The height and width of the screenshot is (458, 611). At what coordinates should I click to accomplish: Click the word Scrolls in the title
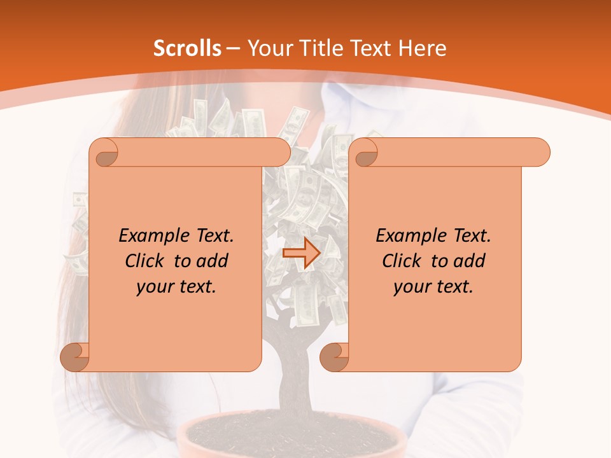187,48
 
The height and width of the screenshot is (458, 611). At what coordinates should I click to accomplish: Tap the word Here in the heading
422,48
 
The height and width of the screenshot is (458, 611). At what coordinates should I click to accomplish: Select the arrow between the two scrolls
301,253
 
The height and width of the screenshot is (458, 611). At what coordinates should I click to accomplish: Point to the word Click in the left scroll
146,261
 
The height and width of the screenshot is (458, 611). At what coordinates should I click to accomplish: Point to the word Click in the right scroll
404,261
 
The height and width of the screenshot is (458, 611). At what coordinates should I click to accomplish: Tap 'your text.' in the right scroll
433,287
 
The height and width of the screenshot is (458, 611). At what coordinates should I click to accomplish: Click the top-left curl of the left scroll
104,153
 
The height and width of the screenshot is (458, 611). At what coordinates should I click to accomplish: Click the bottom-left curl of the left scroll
74,357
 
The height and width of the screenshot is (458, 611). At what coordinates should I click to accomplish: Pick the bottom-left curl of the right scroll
334,357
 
